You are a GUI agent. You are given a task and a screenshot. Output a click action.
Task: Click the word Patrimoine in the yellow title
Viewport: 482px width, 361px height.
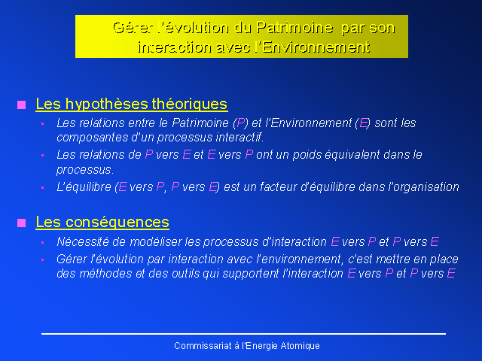294,28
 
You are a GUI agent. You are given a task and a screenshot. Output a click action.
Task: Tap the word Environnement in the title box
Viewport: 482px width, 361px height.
316,47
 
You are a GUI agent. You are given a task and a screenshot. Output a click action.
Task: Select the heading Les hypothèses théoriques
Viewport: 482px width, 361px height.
132,104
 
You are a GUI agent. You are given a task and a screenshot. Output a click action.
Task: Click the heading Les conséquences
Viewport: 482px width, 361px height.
102,222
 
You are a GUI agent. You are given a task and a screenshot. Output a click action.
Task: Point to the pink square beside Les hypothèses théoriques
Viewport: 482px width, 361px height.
22,105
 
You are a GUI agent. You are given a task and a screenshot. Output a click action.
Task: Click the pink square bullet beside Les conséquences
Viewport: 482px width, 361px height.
22,223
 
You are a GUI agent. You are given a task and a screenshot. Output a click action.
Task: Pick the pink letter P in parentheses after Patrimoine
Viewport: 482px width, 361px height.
241,123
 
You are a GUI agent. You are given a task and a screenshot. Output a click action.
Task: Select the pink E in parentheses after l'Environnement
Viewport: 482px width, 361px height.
363,123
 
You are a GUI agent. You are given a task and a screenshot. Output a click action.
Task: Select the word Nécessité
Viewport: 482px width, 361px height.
83,242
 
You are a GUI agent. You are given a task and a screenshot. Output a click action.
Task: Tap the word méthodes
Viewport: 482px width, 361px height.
106,273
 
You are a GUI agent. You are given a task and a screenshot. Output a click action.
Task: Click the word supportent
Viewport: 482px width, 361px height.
250,274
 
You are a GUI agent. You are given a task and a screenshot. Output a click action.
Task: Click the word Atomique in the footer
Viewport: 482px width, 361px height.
300,346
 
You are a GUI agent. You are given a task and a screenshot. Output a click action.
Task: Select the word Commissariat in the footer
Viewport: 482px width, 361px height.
203,346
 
